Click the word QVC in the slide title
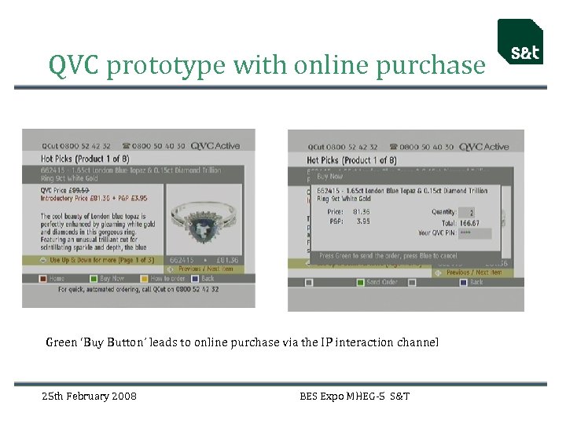point(74,65)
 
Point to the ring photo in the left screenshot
point(211,219)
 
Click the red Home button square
point(44,278)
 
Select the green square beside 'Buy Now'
point(93,278)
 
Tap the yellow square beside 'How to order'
point(144,278)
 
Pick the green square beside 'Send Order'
point(360,282)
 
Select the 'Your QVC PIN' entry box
point(476,233)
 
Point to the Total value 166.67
point(470,223)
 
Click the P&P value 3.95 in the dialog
point(362,221)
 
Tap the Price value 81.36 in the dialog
point(361,211)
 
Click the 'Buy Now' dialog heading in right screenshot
point(330,177)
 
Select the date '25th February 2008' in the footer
point(89,397)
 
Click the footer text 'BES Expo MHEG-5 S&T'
point(355,397)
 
